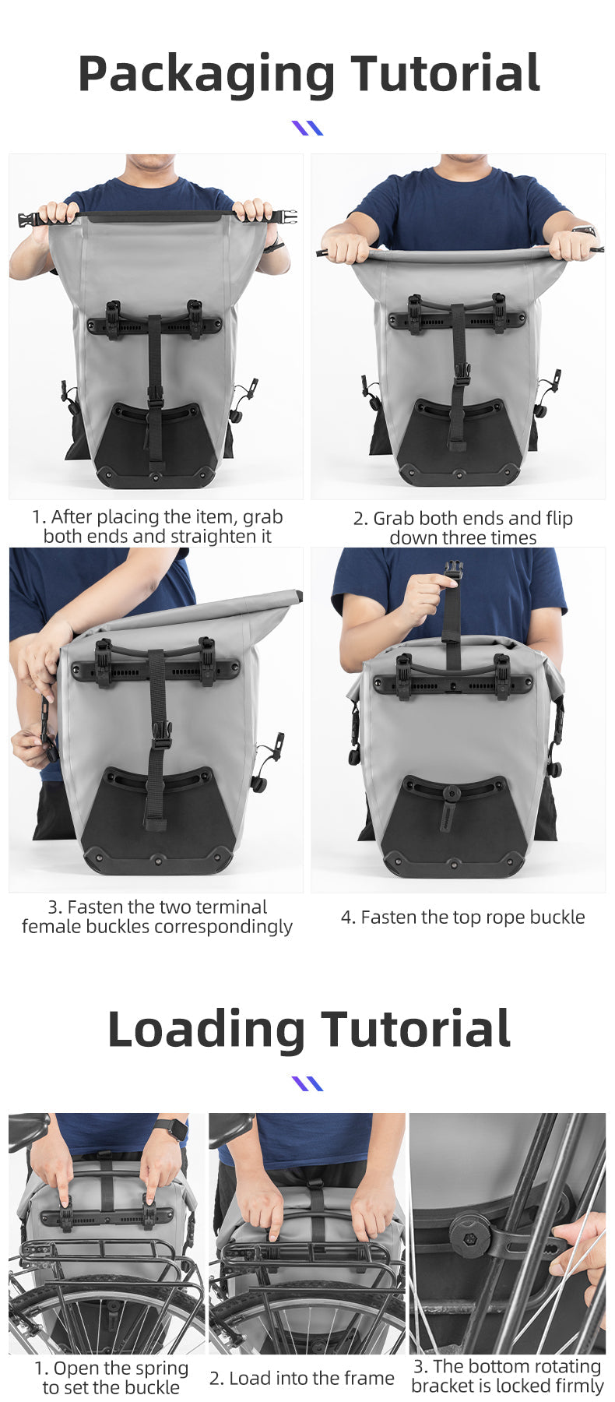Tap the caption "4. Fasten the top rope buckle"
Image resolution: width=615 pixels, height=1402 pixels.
(x=462, y=917)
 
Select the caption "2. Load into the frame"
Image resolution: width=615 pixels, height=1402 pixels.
(x=301, y=1378)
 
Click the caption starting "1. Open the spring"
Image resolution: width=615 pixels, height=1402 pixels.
(x=111, y=1377)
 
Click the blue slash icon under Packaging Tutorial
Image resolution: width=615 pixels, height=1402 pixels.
(x=307, y=128)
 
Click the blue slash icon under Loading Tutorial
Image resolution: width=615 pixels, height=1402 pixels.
(x=307, y=1083)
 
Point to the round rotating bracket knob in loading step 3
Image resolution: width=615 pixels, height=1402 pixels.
(x=469, y=1235)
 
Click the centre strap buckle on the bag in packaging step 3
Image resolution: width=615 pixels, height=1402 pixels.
(x=162, y=734)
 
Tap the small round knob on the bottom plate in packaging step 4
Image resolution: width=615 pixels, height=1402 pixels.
(x=451, y=794)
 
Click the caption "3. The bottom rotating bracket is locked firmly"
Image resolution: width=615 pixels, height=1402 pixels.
(x=507, y=1376)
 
